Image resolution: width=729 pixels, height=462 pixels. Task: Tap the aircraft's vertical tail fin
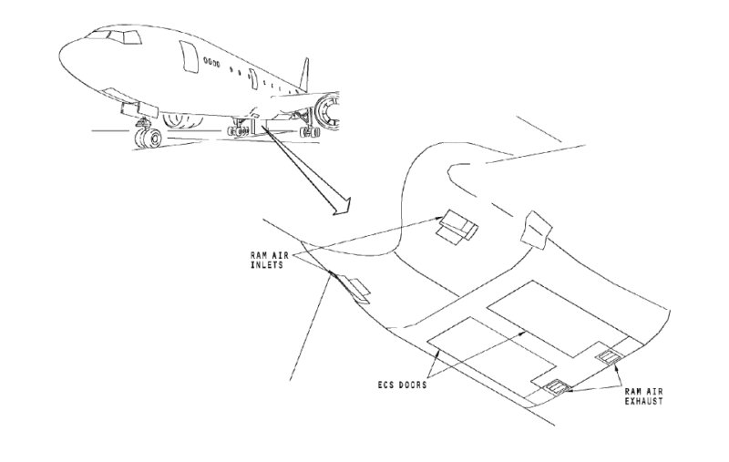(304, 77)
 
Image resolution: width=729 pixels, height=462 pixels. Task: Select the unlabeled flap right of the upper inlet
(536, 231)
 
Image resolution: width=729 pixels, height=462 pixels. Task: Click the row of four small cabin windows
(212, 64)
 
